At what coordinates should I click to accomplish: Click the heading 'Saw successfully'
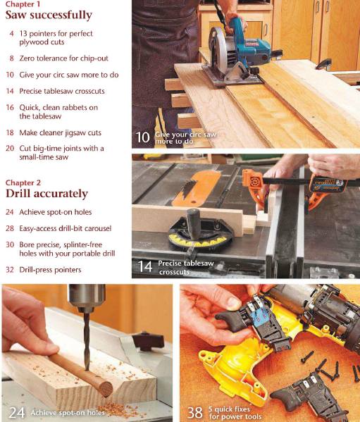point(49,15)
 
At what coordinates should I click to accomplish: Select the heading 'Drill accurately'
point(46,193)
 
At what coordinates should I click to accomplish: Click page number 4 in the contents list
point(11,34)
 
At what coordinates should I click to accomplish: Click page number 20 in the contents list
point(10,149)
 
